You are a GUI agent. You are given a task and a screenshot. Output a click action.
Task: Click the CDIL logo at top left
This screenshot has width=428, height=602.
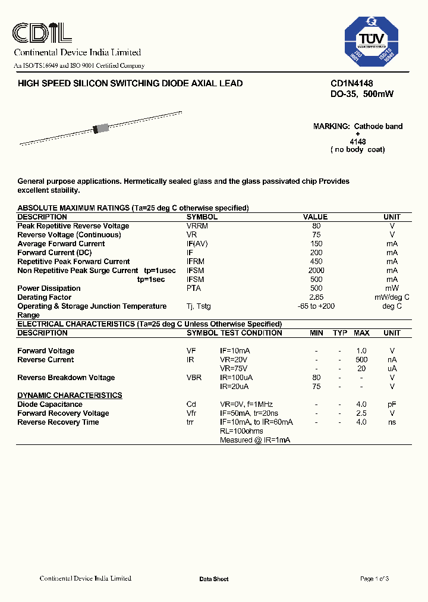coord(42,33)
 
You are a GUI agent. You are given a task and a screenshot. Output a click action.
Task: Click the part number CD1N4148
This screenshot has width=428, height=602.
coord(351,84)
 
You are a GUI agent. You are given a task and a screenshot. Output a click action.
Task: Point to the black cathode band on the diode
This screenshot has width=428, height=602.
coord(95,130)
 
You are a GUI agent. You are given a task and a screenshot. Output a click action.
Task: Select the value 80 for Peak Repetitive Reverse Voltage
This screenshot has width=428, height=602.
coord(316,226)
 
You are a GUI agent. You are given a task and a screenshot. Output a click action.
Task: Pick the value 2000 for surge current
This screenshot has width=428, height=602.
coord(316,271)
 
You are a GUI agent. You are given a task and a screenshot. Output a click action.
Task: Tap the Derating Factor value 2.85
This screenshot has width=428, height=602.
coord(316,297)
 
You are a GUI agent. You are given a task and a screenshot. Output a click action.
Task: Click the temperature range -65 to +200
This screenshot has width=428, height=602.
coord(316,306)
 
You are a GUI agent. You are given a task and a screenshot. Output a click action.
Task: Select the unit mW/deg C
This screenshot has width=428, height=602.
coord(392,297)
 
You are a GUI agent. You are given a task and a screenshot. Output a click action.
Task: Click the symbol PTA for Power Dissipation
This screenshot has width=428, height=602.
coord(194,289)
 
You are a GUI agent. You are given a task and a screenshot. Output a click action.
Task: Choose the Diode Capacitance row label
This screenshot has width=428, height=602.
coord(50,405)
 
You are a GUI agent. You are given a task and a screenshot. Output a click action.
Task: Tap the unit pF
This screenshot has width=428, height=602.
coord(392,405)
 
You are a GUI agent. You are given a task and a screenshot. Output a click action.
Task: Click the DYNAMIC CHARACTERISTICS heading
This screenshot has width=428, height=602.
coord(70,396)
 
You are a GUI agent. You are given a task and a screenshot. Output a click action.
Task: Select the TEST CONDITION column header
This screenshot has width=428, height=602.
coord(251,333)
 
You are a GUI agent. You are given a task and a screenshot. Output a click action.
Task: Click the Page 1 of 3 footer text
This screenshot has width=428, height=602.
coord(374,579)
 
